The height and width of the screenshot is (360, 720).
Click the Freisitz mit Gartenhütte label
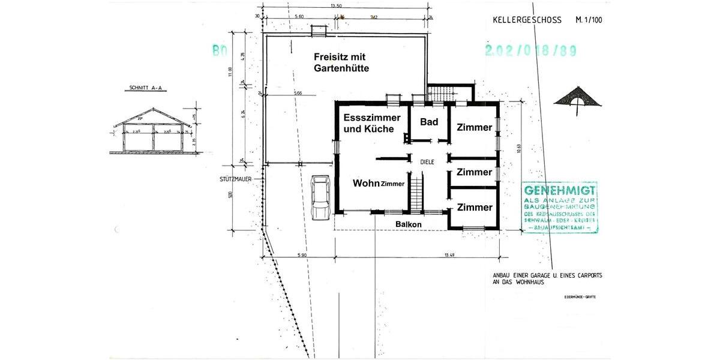pyautogui.click(x=341, y=62)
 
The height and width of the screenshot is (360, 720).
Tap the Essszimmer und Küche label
pyautogui.click(x=368, y=123)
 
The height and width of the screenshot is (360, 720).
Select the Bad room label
pyautogui.click(x=428, y=122)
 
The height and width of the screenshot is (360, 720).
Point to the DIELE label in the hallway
pyautogui.click(x=427, y=162)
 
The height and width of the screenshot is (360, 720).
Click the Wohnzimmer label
pyautogui.click(x=379, y=183)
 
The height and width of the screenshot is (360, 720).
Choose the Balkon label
pyautogui.click(x=408, y=224)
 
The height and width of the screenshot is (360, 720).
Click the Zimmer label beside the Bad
pyautogui.click(x=474, y=127)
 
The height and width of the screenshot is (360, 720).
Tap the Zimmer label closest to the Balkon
pyautogui.click(x=474, y=207)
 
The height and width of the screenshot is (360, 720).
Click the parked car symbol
pyautogui.click(x=321, y=198)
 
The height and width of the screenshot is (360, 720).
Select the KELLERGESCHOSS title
pyautogui.click(x=527, y=20)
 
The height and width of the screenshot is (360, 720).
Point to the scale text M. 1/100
pyautogui.click(x=589, y=20)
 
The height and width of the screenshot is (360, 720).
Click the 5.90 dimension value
pyautogui.click(x=301, y=255)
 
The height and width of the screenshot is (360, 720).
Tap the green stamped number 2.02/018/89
pyautogui.click(x=531, y=51)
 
